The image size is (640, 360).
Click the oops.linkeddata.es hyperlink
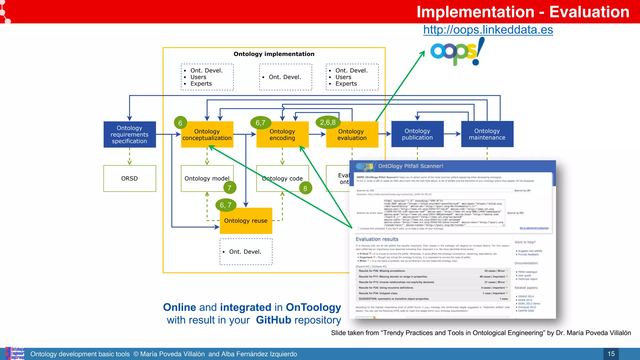click(x=488, y=30)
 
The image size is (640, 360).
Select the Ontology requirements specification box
click(x=129, y=134)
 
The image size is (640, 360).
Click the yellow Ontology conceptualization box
click(x=207, y=135)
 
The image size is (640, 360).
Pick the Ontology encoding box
click(x=282, y=135)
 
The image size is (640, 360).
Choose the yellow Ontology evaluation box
click(x=352, y=135)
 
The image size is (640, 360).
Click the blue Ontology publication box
click(x=417, y=134)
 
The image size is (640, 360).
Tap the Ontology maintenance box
click(x=487, y=134)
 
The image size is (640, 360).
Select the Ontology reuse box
click(x=246, y=221)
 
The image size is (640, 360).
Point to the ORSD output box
click(x=129, y=178)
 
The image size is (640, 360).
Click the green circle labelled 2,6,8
click(x=328, y=122)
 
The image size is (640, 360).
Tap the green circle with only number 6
click(x=180, y=123)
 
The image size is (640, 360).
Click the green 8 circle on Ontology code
click(x=305, y=188)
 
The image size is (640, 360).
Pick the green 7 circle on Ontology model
click(x=230, y=188)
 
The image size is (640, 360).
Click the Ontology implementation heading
click(x=274, y=54)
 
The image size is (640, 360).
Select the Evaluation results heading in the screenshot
click(x=377, y=239)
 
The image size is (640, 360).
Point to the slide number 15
click(x=611, y=354)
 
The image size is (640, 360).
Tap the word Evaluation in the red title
click(x=589, y=12)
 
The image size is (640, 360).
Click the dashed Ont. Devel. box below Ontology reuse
click(x=246, y=252)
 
